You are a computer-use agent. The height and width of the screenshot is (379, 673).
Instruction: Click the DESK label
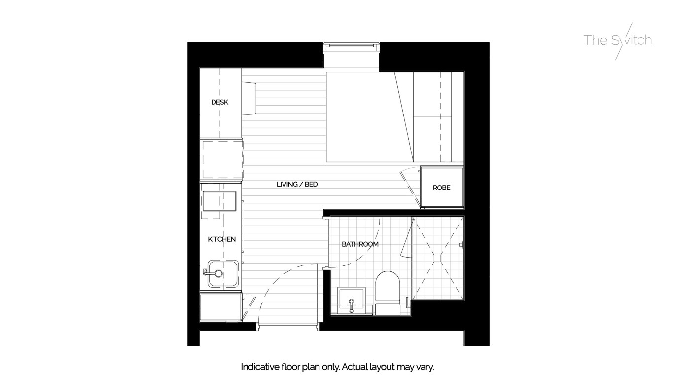(220, 103)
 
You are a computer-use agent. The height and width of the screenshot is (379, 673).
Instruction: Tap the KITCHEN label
(221, 239)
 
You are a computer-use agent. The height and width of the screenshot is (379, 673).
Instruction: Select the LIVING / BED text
(297, 185)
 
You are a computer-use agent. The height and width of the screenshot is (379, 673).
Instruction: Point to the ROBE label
(441, 188)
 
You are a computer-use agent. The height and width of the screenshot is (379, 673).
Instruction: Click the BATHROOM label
(360, 244)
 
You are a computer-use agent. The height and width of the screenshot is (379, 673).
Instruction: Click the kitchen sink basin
(223, 274)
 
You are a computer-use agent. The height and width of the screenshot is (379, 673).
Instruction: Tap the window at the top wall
(352, 47)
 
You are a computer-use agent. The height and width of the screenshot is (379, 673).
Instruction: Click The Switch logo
(618, 40)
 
